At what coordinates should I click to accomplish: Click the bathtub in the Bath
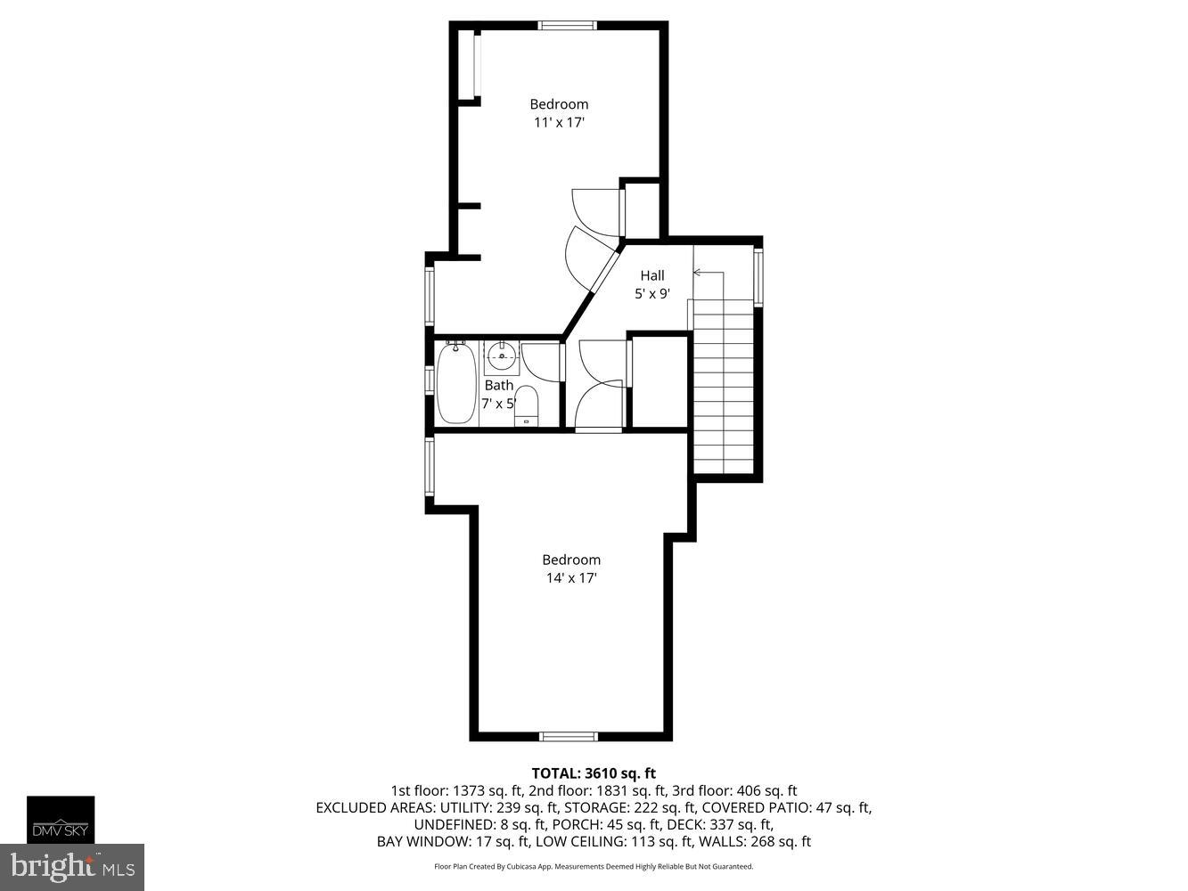tap(455, 384)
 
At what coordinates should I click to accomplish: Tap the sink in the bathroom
tap(502, 357)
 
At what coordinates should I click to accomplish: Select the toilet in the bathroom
tap(526, 406)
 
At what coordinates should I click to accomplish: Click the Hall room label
tap(651, 275)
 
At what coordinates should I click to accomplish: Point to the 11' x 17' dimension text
tap(559, 123)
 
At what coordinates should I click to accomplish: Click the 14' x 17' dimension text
tap(571, 578)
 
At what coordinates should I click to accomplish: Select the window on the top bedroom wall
tap(568, 25)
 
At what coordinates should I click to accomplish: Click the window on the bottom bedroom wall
tap(569, 736)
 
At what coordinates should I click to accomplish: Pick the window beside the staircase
tap(758, 278)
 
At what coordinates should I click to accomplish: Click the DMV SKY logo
tap(61, 820)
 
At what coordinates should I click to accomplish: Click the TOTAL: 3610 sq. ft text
tap(594, 773)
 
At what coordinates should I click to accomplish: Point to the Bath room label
tap(498, 385)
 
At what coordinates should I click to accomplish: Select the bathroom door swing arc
tap(538, 361)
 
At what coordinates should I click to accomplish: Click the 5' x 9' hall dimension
tap(651, 294)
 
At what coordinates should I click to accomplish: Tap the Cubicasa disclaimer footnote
tap(594, 866)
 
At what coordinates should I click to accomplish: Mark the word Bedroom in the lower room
tap(571, 560)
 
